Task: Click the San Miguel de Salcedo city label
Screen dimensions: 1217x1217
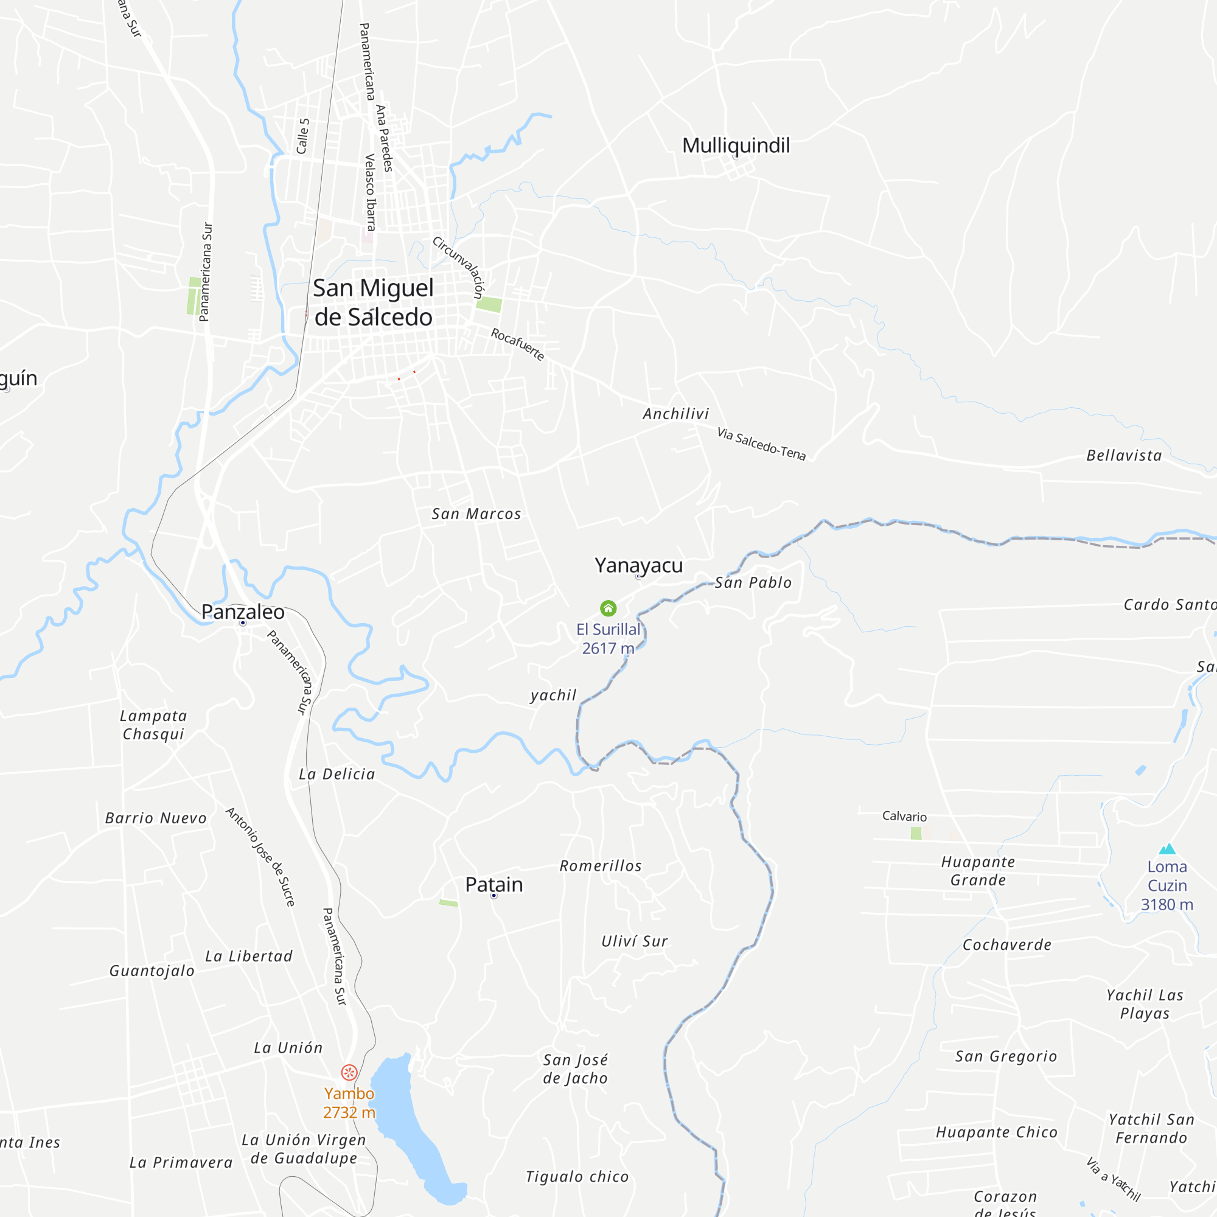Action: click(373, 302)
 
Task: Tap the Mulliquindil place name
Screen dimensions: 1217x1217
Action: click(736, 145)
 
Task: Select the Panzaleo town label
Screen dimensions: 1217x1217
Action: click(243, 612)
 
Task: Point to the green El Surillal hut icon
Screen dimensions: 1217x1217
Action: click(608, 608)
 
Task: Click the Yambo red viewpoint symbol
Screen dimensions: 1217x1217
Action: click(349, 1072)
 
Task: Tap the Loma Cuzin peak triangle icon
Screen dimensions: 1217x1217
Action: click(1167, 849)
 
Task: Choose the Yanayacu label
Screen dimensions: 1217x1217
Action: click(638, 565)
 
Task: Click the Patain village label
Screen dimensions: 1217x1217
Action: click(494, 884)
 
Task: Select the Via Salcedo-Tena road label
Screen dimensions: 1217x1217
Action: click(761, 444)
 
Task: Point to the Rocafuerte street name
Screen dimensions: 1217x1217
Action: click(517, 344)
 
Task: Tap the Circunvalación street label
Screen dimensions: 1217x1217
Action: click(458, 267)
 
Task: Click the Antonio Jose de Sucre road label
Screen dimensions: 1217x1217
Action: click(260, 856)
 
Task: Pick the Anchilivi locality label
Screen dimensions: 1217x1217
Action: click(675, 414)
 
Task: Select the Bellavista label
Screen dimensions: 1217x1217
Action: click(1124, 455)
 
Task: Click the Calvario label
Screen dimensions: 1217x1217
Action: click(904, 817)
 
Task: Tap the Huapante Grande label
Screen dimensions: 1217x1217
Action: click(978, 871)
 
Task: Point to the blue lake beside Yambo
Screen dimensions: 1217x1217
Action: click(410, 1128)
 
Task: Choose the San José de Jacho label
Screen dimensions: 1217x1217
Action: click(575, 1069)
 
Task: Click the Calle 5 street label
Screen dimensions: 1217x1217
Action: click(303, 136)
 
